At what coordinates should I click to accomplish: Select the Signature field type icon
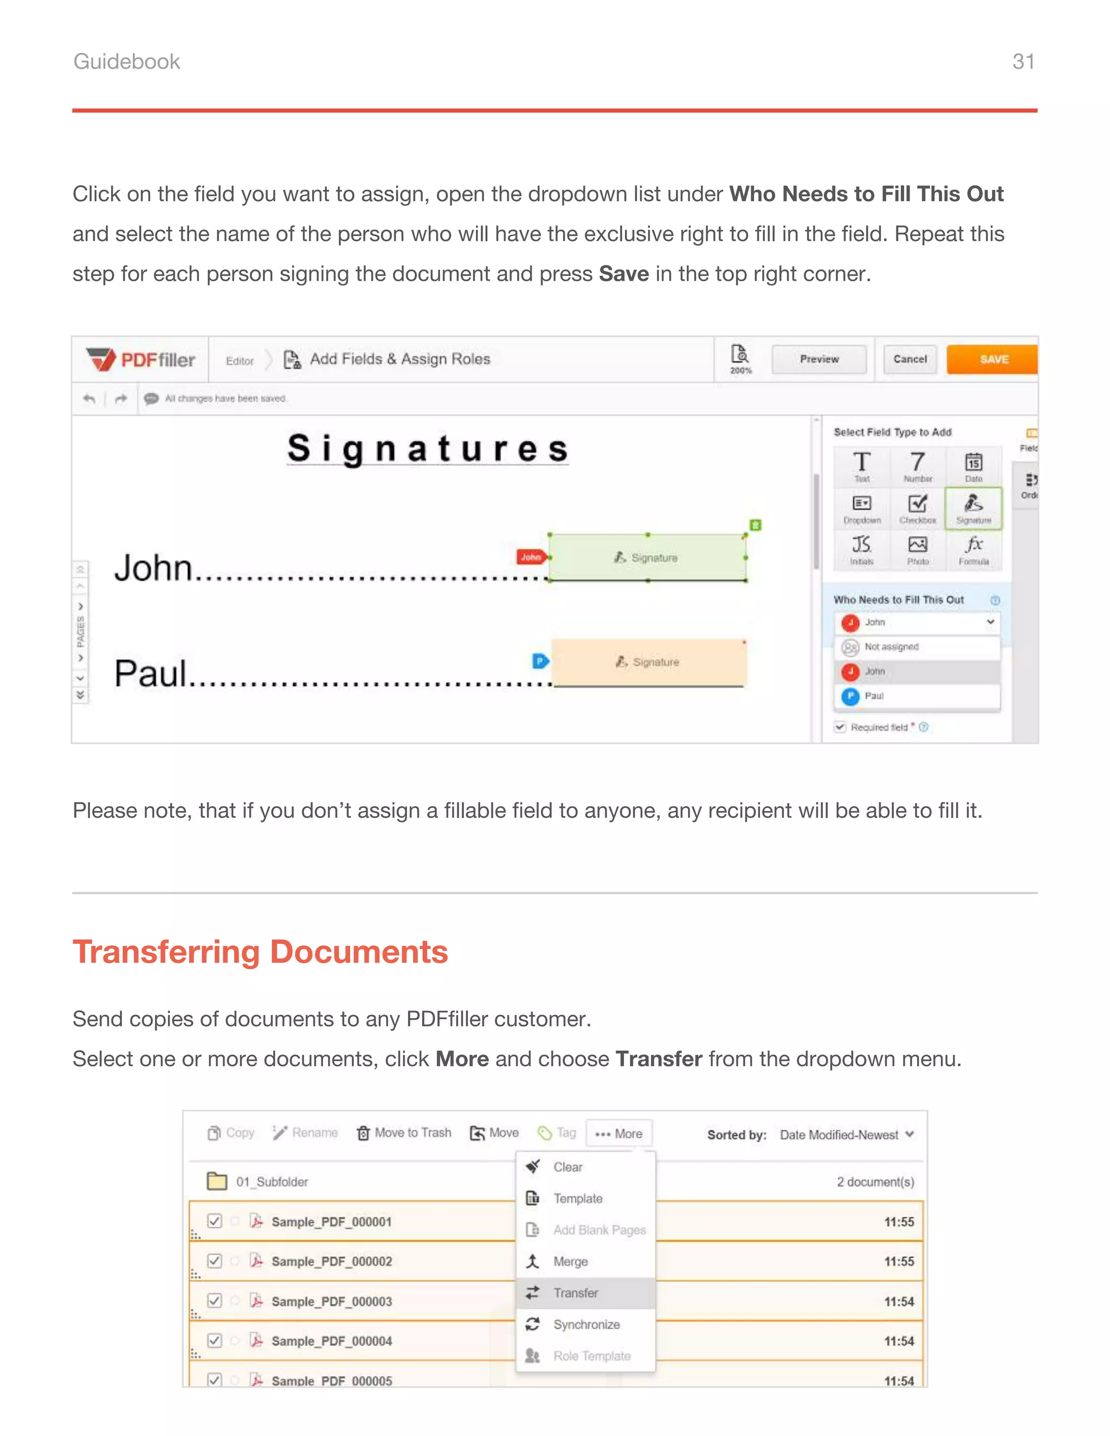click(x=973, y=508)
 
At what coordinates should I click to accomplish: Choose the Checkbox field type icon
click(x=918, y=508)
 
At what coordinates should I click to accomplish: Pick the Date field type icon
click(x=973, y=465)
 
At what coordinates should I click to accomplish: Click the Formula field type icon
click(x=973, y=549)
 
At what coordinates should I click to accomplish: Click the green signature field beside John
click(x=647, y=558)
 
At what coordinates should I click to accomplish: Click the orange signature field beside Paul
click(x=648, y=662)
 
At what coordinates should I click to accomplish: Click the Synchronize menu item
click(x=585, y=1325)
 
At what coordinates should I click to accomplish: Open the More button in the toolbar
click(x=619, y=1134)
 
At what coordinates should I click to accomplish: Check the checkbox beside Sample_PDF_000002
click(x=215, y=1260)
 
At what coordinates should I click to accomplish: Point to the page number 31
click(x=1023, y=62)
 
